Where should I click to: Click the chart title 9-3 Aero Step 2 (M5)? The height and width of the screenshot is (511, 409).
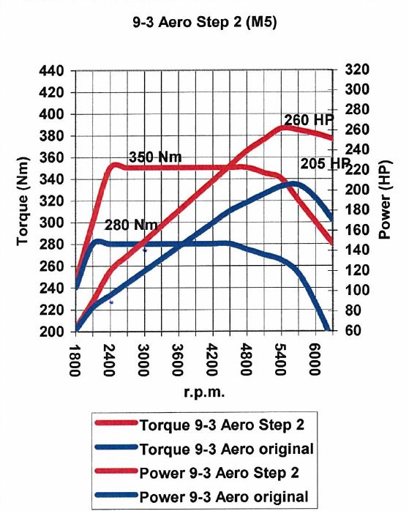pyautogui.click(x=205, y=23)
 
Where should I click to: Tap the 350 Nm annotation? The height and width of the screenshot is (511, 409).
pyautogui.click(x=155, y=157)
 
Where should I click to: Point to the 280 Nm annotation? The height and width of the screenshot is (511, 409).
pyautogui.click(x=131, y=225)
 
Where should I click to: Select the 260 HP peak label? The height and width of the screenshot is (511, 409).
pyautogui.click(x=309, y=119)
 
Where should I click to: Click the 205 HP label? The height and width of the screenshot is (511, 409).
pyautogui.click(x=325, y=163)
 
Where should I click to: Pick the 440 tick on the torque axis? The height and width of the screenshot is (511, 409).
pyautogui.click(x=51, y=71)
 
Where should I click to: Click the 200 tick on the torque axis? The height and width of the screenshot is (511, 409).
pyautogui.click(x=51, y=332)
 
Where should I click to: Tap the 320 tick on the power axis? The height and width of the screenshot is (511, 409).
pyautogui.click(x=357, y=70)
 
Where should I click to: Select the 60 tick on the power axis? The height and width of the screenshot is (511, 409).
pyautogui.click(x=353, y=330)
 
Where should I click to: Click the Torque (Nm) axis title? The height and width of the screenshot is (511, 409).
pyautogui.click(x=23, y=201)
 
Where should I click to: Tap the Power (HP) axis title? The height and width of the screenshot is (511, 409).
pyautogui.click(x=385, y=200)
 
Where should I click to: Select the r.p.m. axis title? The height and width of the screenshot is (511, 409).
pyautogui.click(x=205, y=392)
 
